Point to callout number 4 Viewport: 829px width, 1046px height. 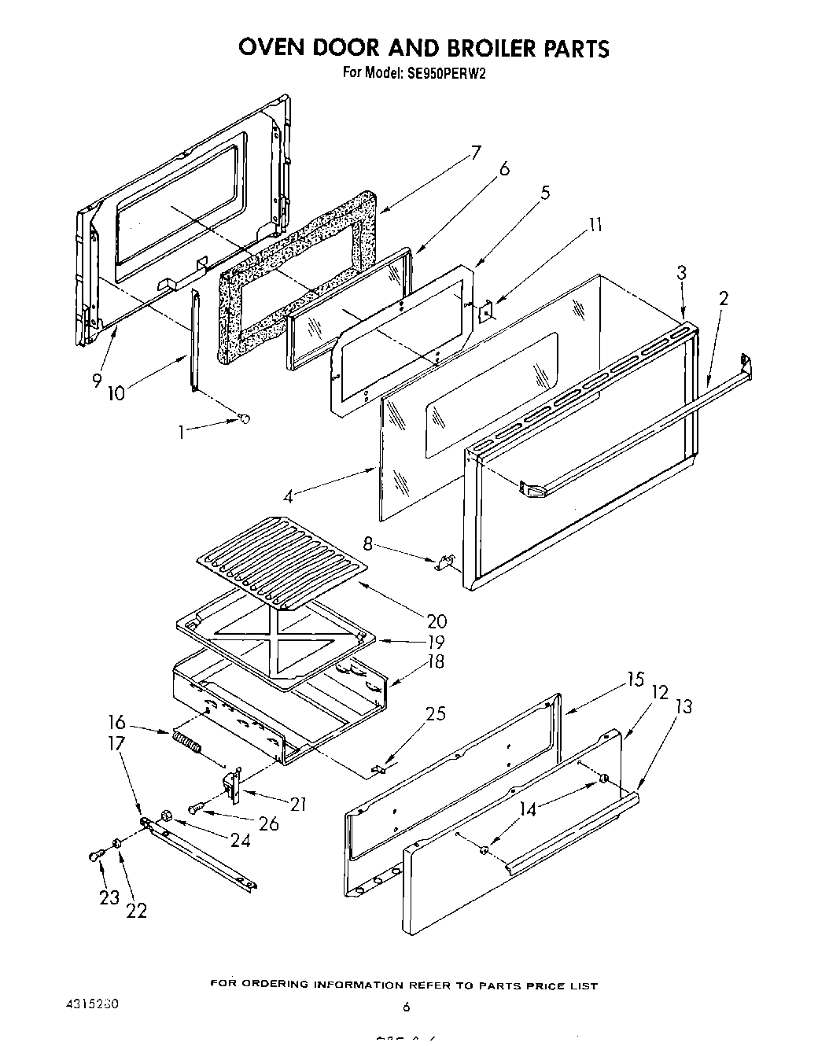289,496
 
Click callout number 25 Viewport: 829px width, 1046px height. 435,714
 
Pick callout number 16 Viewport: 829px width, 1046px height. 116,723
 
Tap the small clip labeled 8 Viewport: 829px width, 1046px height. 444,561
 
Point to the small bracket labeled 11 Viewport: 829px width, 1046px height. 485,311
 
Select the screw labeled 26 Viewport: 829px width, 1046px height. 197,806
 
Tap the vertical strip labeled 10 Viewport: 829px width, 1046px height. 194,338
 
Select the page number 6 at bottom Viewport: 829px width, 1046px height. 407,1007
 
